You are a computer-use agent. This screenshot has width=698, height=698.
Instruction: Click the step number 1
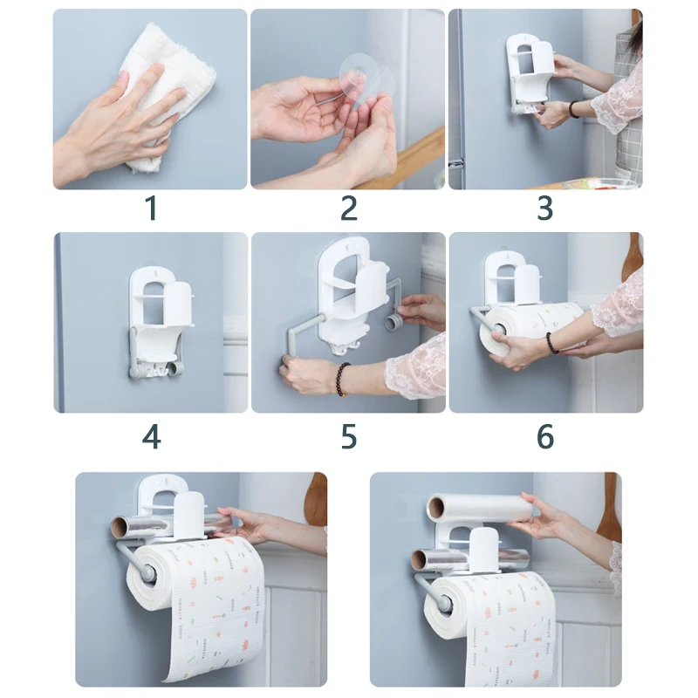coord(152,209)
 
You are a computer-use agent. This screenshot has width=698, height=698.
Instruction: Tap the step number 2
coord(348,209)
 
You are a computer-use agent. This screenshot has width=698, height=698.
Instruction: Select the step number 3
coord(544,209)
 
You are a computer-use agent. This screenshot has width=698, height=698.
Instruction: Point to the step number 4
coord(151,437)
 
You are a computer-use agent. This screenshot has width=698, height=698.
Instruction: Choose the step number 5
coord(349,437)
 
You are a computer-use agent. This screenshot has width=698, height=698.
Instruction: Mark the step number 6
coord(545,437)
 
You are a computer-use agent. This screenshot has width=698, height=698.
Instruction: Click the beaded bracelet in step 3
coord(573,110)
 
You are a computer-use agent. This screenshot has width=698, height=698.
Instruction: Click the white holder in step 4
coord(156,324)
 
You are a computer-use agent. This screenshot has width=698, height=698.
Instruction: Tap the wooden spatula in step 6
coord(632,258)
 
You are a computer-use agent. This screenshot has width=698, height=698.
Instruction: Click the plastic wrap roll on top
coord(481,508)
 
